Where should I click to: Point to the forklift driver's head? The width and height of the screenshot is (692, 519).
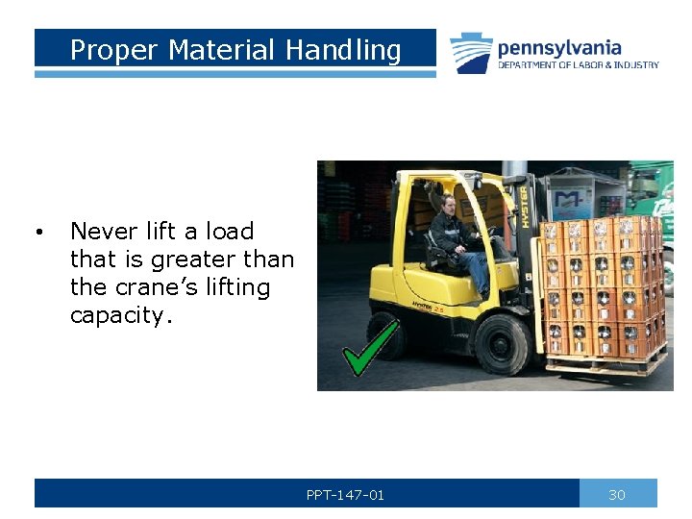tap(447, 203)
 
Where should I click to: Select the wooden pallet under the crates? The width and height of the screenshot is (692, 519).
tap(605, 363)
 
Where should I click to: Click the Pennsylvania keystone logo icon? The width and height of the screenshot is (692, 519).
tap(471, 52)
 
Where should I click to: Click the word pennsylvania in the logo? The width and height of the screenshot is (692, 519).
tap(559, 47)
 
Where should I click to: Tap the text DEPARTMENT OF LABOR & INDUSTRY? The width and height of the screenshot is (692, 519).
tap(578, 65)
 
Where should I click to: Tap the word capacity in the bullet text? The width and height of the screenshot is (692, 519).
tap(119, 315)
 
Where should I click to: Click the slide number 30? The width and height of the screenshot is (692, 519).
tap(617, 494)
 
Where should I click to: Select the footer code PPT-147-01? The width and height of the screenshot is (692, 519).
tap(345, 494)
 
